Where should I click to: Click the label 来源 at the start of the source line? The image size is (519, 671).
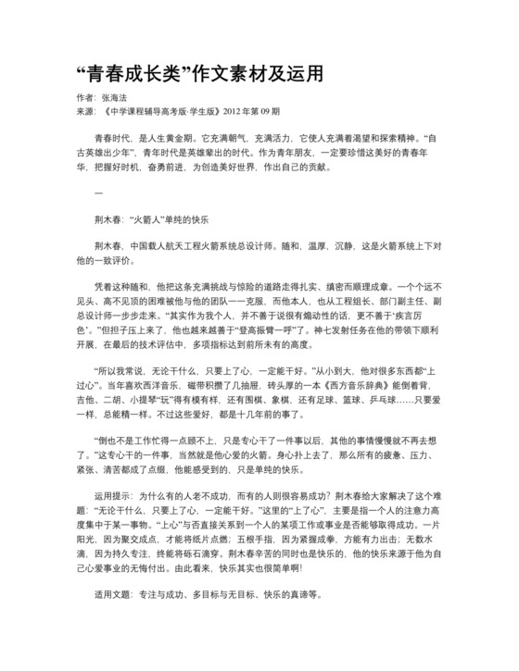(x=82, y=111)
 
